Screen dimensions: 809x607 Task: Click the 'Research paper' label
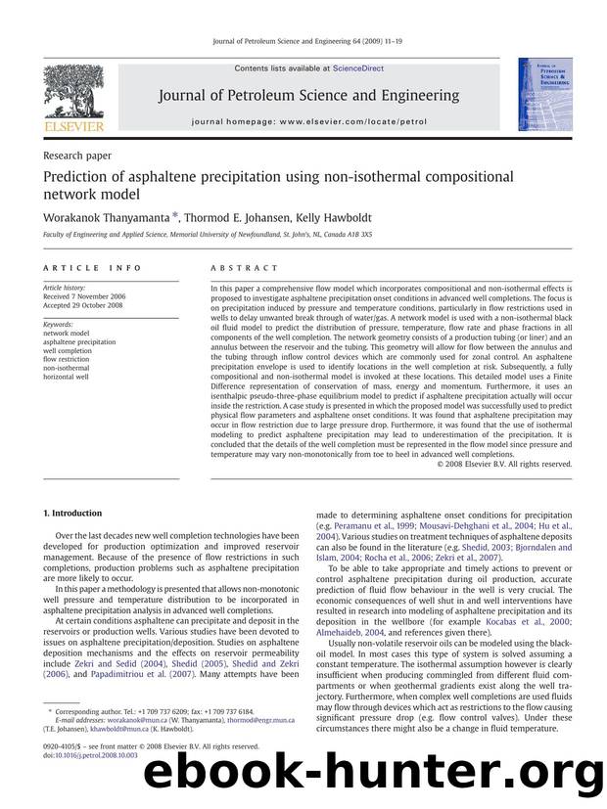78,155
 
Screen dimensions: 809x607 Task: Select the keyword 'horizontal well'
67,376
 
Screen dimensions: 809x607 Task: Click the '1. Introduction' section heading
74,514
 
